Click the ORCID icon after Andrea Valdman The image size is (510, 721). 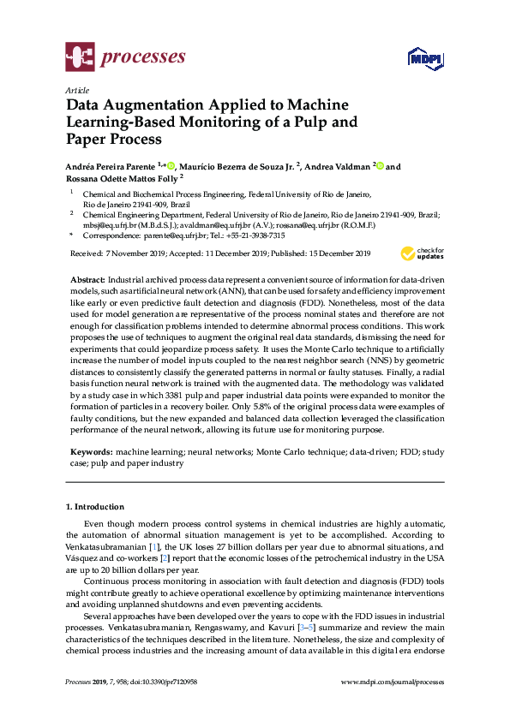point(381,166)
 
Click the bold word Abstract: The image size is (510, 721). point(87,280)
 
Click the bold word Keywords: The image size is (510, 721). point(92,450)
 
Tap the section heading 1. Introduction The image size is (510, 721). point(95,506)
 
